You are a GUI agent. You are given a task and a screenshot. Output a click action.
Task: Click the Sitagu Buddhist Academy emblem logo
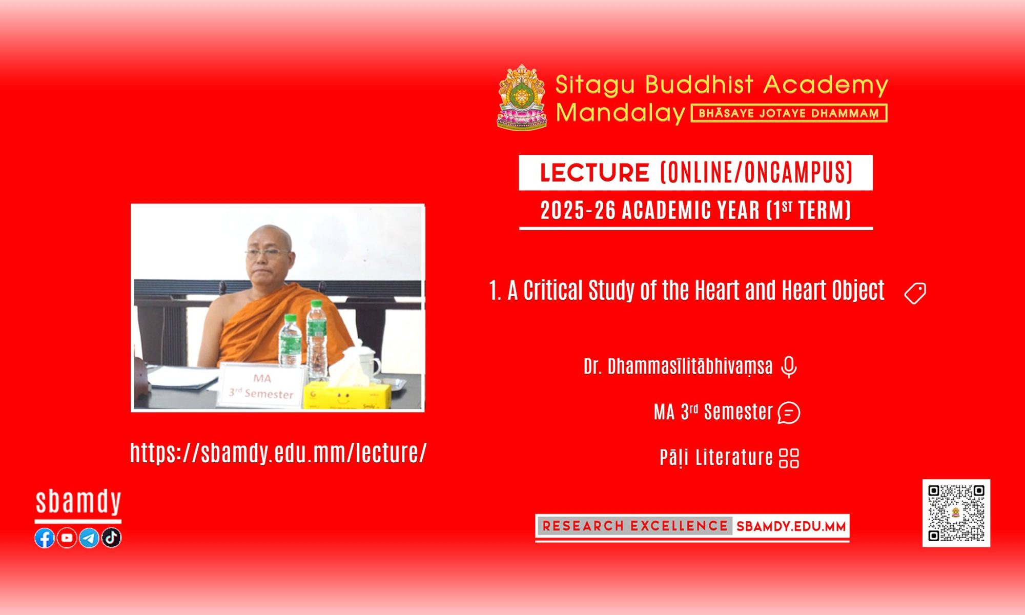coord(522,97)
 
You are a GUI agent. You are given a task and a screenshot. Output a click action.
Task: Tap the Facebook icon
coord(45,538)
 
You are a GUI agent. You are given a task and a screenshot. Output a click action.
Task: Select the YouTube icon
coord(67,538)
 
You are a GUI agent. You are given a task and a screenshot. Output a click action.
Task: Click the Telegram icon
coord(89,538)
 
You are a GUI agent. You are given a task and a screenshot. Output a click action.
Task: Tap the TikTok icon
coord(111,538)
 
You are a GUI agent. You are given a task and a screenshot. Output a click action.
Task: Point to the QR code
coord(956,513)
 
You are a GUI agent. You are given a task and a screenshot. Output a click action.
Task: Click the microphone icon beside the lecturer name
coord(789,367)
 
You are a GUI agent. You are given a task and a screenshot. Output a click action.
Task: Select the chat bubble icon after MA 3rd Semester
coord(789,413)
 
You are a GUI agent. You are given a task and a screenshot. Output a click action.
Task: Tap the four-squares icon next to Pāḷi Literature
coord(789,458)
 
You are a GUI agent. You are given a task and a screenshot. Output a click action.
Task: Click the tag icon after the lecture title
coord(915,293)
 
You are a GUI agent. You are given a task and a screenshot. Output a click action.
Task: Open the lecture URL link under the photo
coord(278,453)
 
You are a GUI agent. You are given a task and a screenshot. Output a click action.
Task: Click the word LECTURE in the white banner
coord(594,173)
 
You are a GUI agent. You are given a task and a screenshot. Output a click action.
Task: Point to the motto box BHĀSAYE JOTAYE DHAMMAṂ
coord(789,113)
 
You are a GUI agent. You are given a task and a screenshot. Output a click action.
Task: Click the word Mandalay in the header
coord(620,113)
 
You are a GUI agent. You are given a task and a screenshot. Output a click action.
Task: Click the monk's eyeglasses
coord(268,252)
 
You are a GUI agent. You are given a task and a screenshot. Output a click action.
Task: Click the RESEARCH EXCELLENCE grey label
coord(634,526)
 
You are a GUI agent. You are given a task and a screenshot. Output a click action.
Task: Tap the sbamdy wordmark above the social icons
coord(78,502)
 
